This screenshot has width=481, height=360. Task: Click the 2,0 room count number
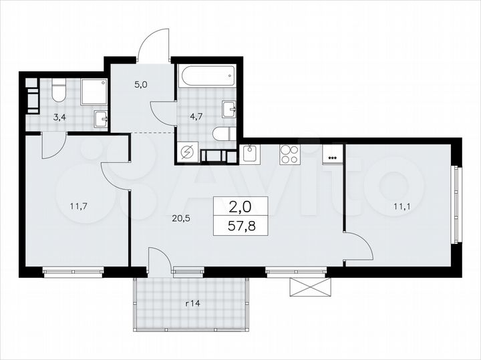click(241, 206)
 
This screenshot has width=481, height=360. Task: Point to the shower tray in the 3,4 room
click(94, 92)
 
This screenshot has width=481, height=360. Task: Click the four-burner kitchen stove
click(289, 154)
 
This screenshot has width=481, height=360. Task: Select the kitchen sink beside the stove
click(251, 154)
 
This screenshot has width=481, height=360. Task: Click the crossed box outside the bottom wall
click(310, 287)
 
